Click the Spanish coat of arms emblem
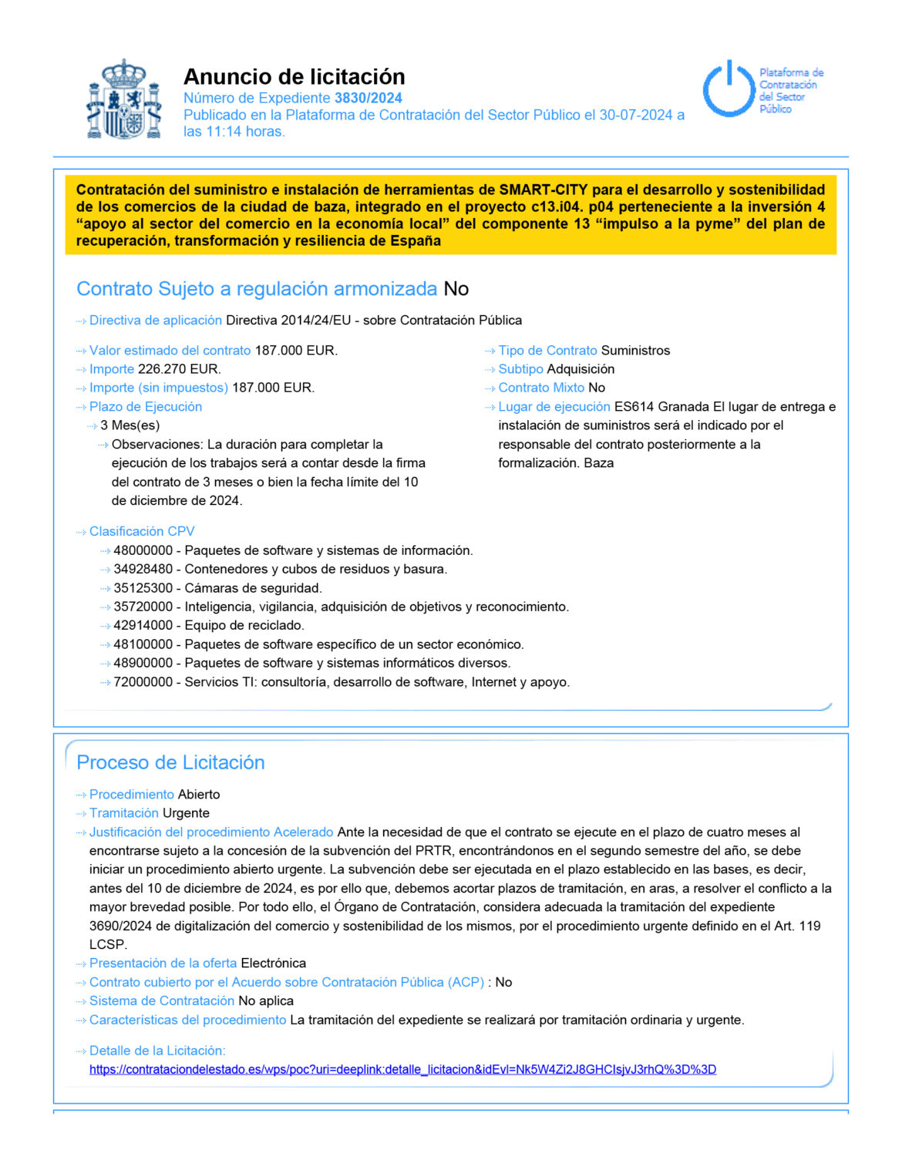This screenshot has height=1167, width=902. [x=124, y=99]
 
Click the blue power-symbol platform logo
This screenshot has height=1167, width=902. [x=729, y=89]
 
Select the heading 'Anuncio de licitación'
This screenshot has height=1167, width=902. [x=294, y=77]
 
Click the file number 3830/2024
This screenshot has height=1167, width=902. [x=368, y=98]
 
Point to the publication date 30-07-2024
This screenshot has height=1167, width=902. [x=635, y=115]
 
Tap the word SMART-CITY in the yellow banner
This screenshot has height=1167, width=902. [x=543, y=190]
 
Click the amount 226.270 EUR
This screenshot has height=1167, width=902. [x=179, y=369]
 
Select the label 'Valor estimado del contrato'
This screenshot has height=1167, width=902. [x=170, y=351]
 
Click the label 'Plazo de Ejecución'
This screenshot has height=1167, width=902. [x=145, y=407]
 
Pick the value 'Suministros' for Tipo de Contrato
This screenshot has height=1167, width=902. [x=635, y=351]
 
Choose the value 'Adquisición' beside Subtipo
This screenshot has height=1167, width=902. [x=581, y=369]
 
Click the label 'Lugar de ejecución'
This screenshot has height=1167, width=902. [x=554, y=407]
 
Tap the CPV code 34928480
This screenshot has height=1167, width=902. [x=143, y=570]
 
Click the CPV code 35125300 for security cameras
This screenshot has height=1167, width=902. [x=143, y=588]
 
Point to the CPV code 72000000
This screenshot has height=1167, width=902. [x=143, y=682]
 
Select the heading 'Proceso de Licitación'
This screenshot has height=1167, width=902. [x=170, y=762]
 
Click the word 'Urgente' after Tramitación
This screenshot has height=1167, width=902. [x=186, y=813]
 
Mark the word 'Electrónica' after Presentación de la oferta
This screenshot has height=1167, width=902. [x=273, y=964]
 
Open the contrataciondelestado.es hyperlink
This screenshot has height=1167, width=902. [x=402, y=1069]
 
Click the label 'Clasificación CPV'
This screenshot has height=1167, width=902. [x=142, y=532]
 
